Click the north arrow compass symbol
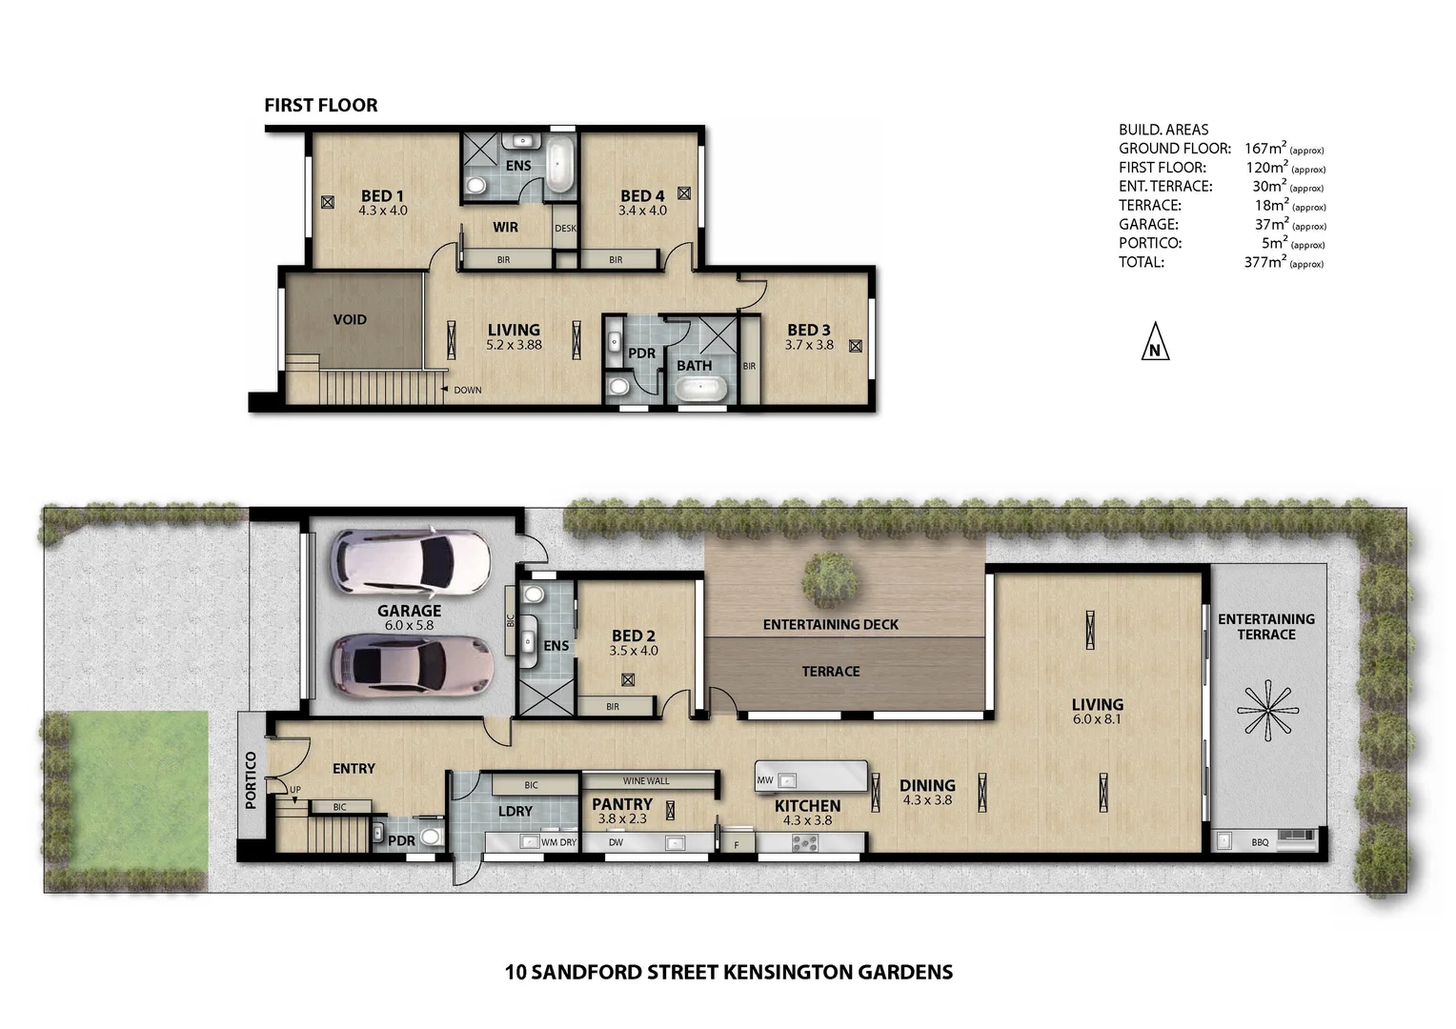pyautogui.click(x=1155, y=342)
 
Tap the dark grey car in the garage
pyautogui.click(x=412, y=664)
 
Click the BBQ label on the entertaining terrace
pyautogui.click(x=1260, y=842)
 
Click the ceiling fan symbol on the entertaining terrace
pyautogui.click(x=1266, y=711)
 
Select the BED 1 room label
pyautogui.click(x=382, y=196)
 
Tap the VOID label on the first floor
pyautogui.click(x=350, y=319)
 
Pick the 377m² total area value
pyautogui.click(x=1264, y=262)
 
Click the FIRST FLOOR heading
pyautogui.click(x=321, y=106)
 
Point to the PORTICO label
pyautogui.click(x=251, y=780)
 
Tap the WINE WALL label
pyautogui.click(x=646, y=781)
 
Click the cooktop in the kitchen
pyautogui.click(x=805, y=842)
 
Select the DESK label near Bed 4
pyautogui.click(x=565, y=229)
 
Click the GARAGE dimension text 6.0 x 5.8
pyautogui.click(x=409, y=626)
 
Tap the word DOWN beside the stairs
pyautogui.click(x=467, y=390)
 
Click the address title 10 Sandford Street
pyautogui.click(x=728, y=973)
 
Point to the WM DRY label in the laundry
pyautogui.click(x=558, y=842)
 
